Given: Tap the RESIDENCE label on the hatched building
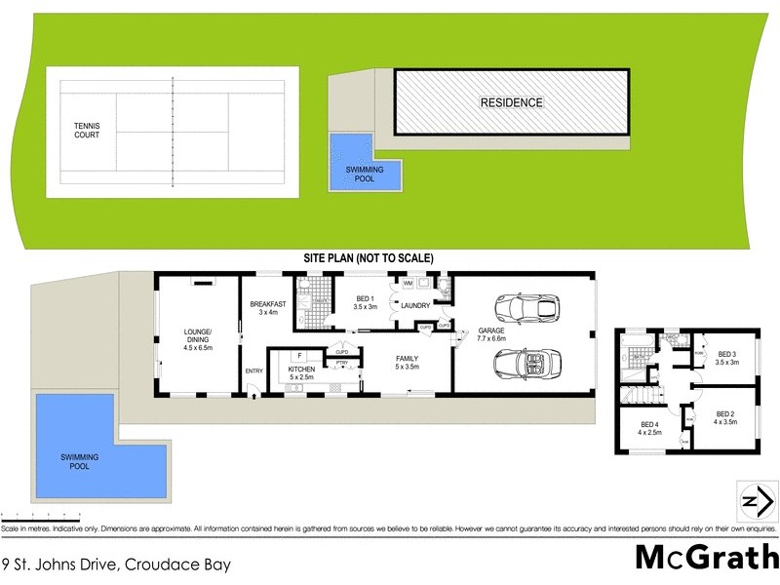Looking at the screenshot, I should [x=510, y=102].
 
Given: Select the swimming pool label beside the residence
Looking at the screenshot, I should [x=351, y=175].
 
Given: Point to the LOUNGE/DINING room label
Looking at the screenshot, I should [x=198, y=340].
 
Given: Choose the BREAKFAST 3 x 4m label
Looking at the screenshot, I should [x=268, y=307].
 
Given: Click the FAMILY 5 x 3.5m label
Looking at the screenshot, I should [x=407, y=363].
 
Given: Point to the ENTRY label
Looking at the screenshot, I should [x=254, y=370].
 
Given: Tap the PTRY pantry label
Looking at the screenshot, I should [x=341, y=363].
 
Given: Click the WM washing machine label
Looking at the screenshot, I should [x=408, y=283].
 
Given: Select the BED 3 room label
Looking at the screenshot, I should [x=727, y=358].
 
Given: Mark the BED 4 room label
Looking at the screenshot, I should [x=648, y=429].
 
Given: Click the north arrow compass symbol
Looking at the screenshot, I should [x=752, y=501].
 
